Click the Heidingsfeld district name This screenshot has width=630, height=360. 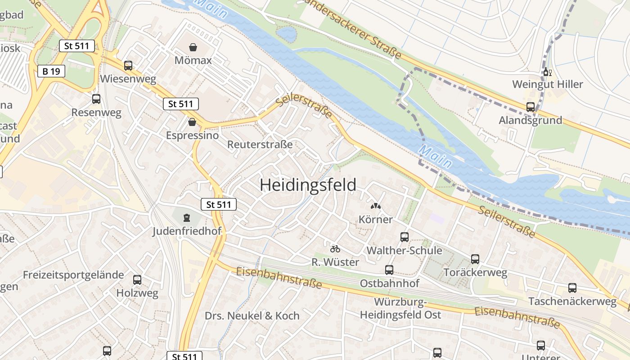[308, 185]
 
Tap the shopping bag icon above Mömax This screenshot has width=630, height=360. [193, 47]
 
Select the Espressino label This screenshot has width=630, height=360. [192, 135]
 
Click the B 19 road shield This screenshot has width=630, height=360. [51, 71]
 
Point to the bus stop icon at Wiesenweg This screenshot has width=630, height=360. [128, 66]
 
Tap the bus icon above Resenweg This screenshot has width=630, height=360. [96, 99]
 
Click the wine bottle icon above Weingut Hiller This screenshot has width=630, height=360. [547, 72]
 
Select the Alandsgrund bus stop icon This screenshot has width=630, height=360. [531, 107]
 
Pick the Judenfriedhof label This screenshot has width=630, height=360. [187, 231]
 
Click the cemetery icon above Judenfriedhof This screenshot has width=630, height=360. [186, 218]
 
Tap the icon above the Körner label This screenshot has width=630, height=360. [375, 207]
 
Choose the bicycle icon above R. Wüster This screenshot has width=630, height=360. [335, 249]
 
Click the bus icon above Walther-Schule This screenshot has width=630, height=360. [404, 237]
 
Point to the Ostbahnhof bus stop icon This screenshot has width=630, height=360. [389, 270]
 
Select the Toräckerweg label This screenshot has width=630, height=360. [475, 272]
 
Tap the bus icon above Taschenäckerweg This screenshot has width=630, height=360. [572, 288]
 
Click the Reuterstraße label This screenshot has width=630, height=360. [260, 144]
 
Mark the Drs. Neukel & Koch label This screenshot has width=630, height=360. [252, 316]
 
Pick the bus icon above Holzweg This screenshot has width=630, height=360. [137, 280]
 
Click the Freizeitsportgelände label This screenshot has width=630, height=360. [73, 275]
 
